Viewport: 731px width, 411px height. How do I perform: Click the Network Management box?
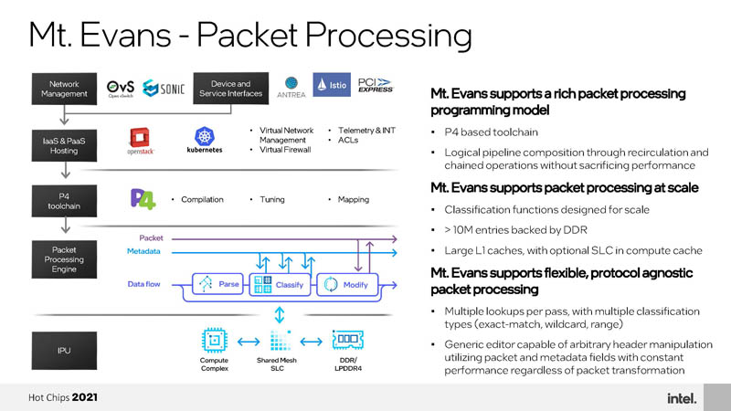tap(63, 89)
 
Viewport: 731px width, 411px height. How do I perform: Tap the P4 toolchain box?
tap(63, 199)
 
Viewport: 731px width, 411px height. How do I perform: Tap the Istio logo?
tap(332, 87)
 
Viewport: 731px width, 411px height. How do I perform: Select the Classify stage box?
tap(281, 284)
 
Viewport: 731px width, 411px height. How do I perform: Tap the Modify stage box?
tap(346, 284)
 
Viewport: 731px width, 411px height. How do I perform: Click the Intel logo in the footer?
tap(680, 398)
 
